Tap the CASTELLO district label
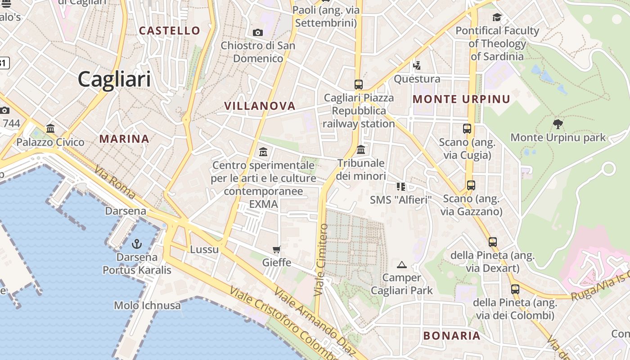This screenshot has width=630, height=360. [170, 31]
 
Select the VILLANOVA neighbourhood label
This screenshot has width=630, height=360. [260, 106]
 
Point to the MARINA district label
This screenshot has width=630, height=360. [124, 139]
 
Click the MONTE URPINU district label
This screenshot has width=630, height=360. [461, 99]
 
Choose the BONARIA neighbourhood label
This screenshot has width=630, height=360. [452, 335]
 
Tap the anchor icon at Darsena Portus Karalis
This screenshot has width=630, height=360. [136, 244]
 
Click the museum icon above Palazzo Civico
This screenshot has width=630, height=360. [50, 128]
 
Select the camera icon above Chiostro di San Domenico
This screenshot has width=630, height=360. [258, 32]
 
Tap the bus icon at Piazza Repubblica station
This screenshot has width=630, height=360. [358, 84]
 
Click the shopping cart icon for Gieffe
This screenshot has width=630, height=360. [276, 249]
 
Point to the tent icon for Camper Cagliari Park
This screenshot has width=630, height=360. [402, 265]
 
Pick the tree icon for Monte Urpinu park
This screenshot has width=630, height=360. [558, 124]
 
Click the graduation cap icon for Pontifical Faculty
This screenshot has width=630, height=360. [497, 18]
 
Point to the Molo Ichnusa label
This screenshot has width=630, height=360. [147, 306]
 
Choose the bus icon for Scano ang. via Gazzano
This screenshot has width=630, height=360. [471, 185]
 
